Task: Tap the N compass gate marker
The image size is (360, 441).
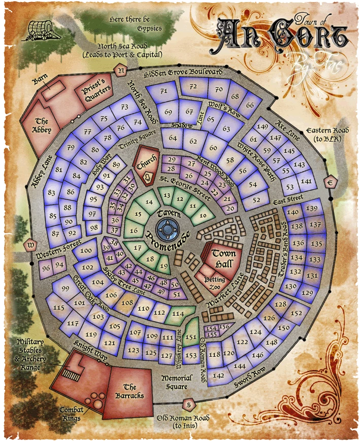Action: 121,71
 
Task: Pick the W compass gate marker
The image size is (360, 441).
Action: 31,245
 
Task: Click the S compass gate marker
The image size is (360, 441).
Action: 188,404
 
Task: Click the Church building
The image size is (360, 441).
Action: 146,163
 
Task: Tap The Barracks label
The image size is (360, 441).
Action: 133,391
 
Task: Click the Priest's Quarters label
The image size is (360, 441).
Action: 96,90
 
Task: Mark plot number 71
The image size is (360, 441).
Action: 164,91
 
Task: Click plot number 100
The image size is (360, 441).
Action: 86,251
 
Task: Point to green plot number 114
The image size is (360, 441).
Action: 178,314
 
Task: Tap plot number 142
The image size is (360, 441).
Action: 219,376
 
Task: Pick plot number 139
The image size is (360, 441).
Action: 312,209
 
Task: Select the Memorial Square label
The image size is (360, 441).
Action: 177,382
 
